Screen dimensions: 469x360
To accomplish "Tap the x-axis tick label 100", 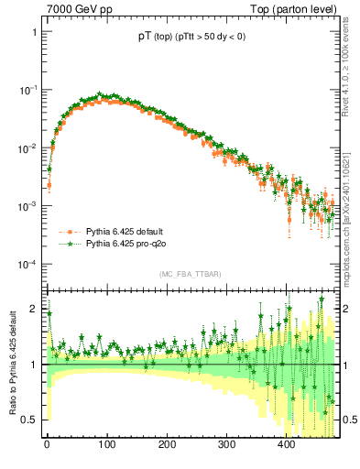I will [x=107, y=446].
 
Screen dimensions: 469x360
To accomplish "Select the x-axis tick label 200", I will [x=167, y=446].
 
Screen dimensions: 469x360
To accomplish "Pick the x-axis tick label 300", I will [x=226, y=446].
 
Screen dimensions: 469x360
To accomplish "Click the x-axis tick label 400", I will [x=286, y=446].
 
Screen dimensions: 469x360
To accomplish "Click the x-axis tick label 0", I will [x=48, y=446].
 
